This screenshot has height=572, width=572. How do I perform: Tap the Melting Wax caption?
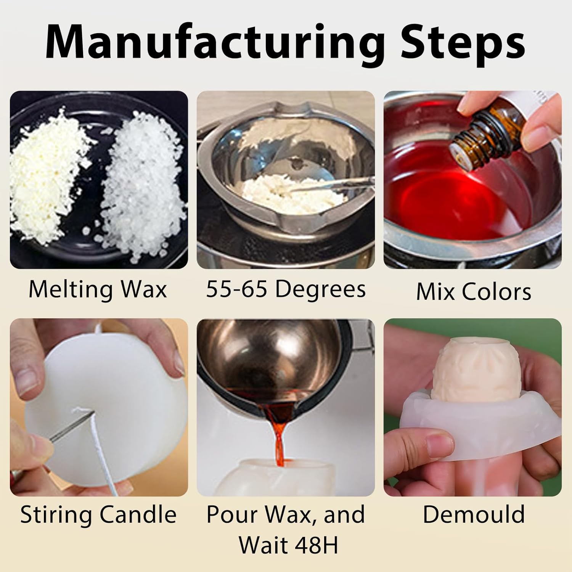[98, 289]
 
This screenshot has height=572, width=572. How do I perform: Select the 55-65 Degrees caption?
[286, 289]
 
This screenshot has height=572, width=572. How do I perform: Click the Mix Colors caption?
[473, 292]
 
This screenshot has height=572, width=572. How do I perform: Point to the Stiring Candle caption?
[98, 514]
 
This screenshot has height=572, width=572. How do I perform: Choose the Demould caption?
[474, 514]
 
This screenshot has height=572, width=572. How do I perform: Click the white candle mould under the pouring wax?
[282, 477]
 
